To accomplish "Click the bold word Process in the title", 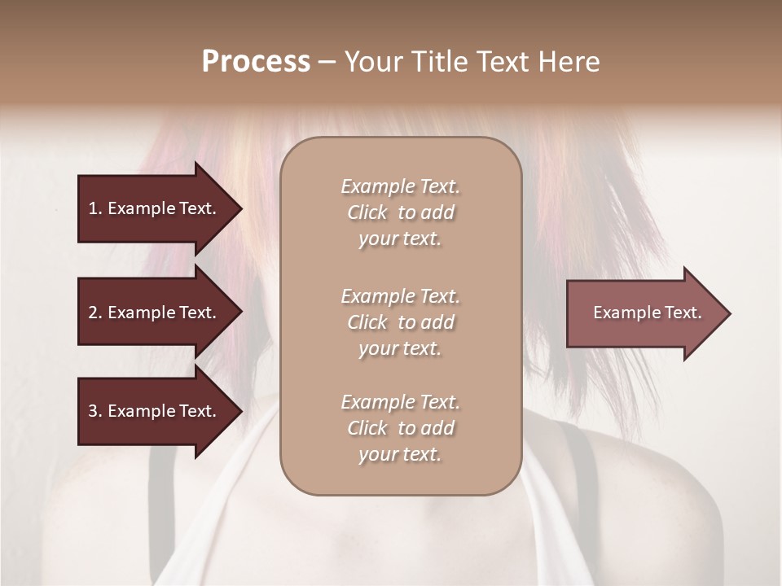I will click(x=256, y=62).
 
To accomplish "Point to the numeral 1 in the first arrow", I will click(x=92, y=208).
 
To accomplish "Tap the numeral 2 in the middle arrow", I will click(x=93, y=313).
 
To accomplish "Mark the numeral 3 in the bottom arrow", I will click(x=93, y=411).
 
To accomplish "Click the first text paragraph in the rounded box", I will click(x=400, y=212).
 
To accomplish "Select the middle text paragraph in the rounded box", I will click(x=400, y=322).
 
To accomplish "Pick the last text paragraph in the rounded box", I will click(x=400, y=428).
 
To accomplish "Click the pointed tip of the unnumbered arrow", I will click(x=728, y=313).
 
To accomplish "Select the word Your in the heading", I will click(x=371, y=62).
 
